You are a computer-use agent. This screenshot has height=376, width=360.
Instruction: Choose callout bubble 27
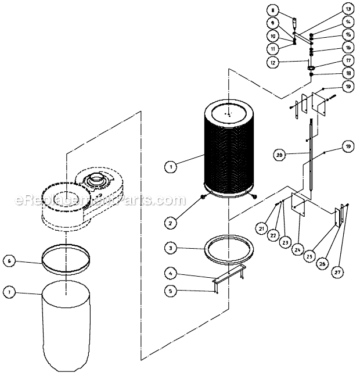[x=336, y=271]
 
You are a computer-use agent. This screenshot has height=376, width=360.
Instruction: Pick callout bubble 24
[x=297, y=250]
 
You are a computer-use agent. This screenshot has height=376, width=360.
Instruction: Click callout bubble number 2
[x=170, y=223]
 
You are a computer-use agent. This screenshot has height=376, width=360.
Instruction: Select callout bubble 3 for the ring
[x=170, y=248]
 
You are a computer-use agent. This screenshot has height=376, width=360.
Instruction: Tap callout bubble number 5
[x=170, y=291]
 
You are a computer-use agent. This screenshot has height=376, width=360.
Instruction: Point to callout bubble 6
[x=9, y=262]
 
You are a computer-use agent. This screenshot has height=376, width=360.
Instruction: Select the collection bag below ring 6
[x=66, y=325]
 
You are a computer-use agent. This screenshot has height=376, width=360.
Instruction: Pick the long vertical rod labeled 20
[x=312, y=157]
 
